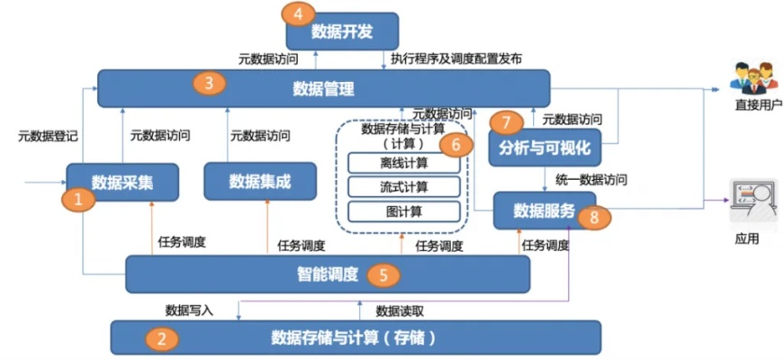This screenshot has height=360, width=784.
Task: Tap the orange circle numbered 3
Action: click(209, 85)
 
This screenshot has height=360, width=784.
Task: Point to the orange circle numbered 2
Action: click(162, 338)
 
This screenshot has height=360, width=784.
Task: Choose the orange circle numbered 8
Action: click(590, 216)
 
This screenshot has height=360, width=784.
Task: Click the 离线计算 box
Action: click(403, 164)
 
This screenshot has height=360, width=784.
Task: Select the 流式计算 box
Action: click(403, 187)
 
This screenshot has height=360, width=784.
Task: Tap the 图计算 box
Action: click(403, 211)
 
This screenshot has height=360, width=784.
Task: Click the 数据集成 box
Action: click(260, 181)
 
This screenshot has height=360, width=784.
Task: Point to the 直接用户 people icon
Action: click(752, 78)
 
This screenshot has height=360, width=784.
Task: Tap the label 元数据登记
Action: click(48, 137)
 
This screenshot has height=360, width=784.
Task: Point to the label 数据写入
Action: click(189, 310)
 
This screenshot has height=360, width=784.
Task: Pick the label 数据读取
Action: click(400, 310)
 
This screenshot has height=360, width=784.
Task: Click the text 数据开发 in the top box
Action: click(342, 32)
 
